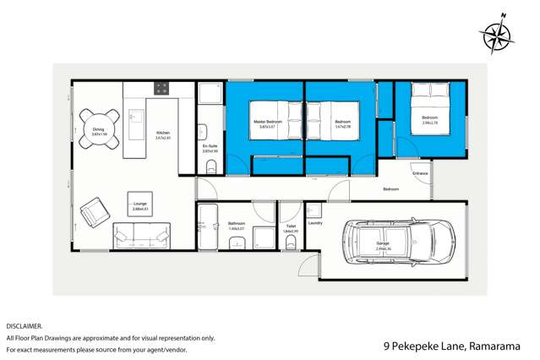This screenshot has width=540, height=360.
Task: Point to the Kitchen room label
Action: coord(163,134)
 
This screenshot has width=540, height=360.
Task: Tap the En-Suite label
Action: coord(210,147)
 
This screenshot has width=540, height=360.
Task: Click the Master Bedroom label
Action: coord(267,123)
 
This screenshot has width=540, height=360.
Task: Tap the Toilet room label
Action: coord(290,226)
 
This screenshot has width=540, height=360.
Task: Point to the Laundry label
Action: coord(315,223)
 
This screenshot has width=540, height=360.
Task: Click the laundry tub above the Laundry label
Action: coord(314,209)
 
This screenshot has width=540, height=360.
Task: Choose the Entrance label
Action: coord(420,173)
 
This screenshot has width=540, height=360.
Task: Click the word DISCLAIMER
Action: coord(24,325)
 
